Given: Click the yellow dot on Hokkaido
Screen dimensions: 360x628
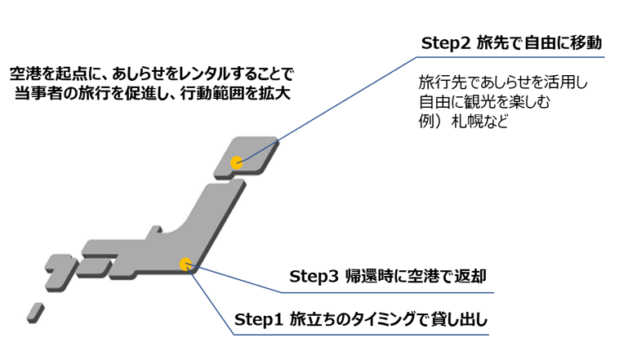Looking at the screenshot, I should click(x=237, y=162).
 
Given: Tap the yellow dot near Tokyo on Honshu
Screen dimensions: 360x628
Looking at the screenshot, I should click(x=186, y=264).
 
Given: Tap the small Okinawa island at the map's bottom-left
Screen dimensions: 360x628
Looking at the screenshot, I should click(x=34, y=311).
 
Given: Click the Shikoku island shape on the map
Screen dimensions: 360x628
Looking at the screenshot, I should click(x=93, y=268).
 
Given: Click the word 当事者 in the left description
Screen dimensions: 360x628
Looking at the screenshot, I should click(x=35, y=92).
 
